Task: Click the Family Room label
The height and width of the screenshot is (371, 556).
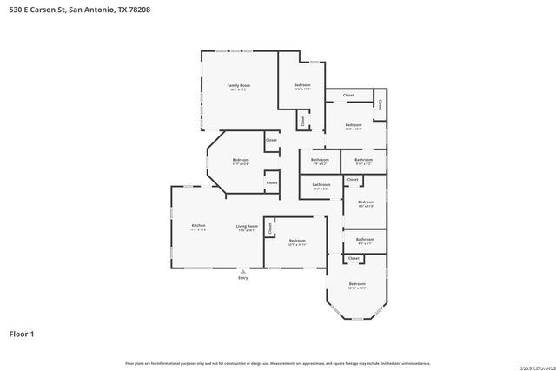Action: [x=239, y=85]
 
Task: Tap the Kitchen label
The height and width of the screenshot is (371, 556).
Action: [x=199, y=226]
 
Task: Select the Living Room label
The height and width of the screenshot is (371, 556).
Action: [x=248, y=226]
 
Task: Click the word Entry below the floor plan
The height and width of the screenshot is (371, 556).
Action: [x=242, y=277]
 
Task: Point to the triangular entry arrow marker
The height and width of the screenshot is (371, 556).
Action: [x=242, y=270]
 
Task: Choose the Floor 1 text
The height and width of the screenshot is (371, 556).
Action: [x=22, y=333]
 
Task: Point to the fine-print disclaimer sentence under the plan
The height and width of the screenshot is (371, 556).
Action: [x=277, y=363]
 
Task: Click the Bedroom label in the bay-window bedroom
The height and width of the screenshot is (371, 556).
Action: [x=357, y=284]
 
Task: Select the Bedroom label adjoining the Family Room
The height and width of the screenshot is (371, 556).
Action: [x=301, y=85]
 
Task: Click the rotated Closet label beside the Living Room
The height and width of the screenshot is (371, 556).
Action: [x=269, y=228]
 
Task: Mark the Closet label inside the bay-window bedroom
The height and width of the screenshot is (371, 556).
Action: [x=354, y=258]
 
